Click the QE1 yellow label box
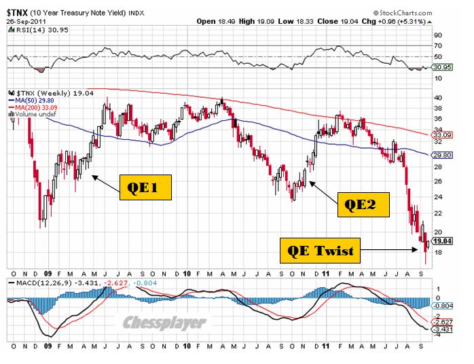click(146, 187)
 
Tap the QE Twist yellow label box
click(318, 250)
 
